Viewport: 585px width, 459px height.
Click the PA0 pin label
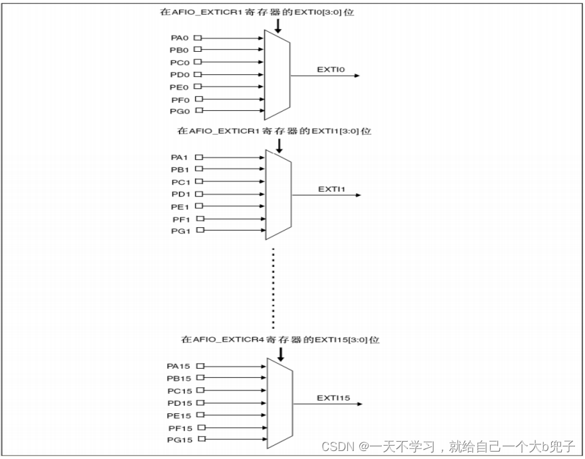pos(179,38)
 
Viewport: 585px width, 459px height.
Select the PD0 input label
pos(179,74)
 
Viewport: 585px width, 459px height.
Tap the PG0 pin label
pos(179,111)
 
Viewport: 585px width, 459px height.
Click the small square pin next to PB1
pos(198,169)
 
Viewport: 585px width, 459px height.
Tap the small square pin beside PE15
pos(201,415)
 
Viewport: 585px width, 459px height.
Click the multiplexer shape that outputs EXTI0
pos(278,74)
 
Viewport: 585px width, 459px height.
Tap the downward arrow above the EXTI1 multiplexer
pos(279,144)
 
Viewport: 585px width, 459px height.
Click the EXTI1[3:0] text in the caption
pos(335,131)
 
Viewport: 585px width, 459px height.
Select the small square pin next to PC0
pos(197,62)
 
